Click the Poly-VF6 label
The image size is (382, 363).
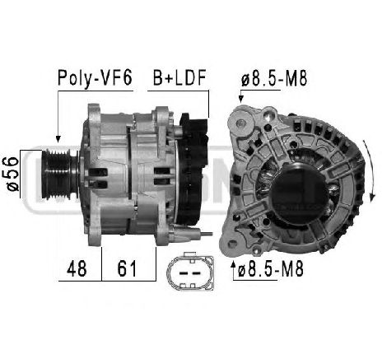click(x=95, y=78)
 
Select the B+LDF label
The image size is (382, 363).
click(x=179, y=77)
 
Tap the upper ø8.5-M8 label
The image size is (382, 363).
click(x=274, y=78)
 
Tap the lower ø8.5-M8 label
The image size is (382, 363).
click(x=271, y=269)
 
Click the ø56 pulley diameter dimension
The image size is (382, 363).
click(x=12, y=174)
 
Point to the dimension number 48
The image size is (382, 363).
click(x=77, y=268)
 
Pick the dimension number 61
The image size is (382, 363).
click(x=127, y=268)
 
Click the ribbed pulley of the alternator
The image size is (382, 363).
click(x=60, y=174)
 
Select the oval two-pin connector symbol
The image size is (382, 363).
click(x=190, y=272)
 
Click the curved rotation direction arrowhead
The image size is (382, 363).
click(x=372, y=197)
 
